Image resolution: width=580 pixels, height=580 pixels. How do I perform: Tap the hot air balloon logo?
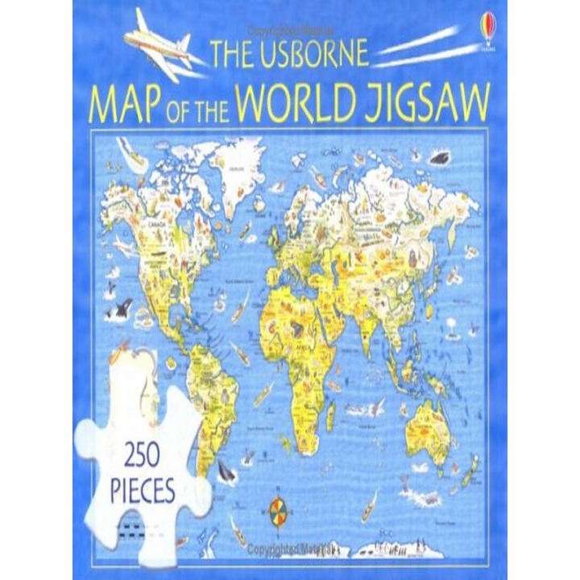coord(483,27)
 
